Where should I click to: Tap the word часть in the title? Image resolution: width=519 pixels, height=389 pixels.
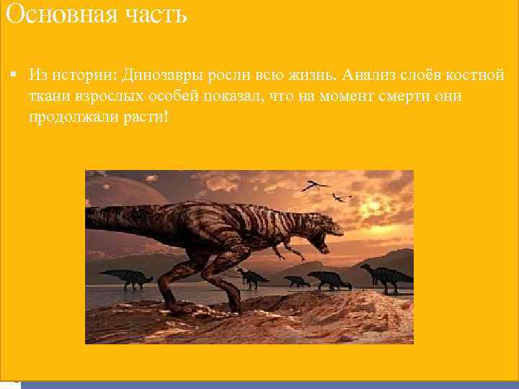(153, 14)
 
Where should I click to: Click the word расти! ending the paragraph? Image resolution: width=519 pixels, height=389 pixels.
(147, 116)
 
